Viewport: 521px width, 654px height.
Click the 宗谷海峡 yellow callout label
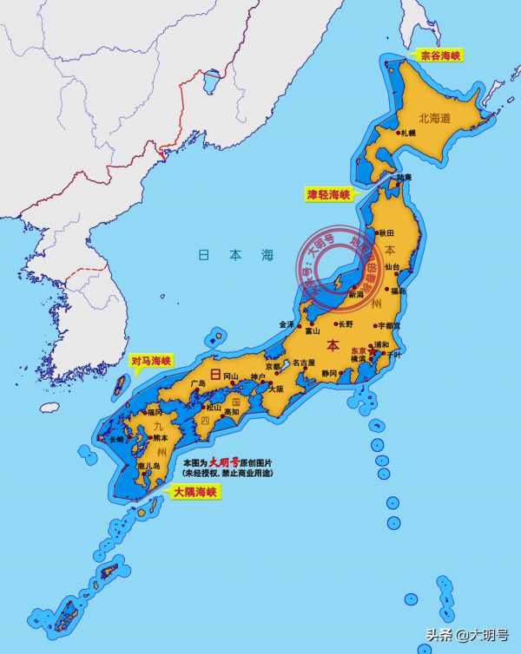coord(440,56)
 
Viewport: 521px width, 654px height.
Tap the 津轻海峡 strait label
coord(328,194)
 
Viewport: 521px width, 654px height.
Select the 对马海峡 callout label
coord(152,360)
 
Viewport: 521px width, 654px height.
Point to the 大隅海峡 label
coord(195,492)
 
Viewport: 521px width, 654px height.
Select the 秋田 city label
coord(386,233)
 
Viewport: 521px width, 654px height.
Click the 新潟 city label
coord(355,295)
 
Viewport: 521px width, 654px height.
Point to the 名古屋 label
coord(303,363)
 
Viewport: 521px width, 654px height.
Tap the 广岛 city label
coord(198,383)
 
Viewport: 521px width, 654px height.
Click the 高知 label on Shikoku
coord(230,412)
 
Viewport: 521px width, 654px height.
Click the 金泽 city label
coord(287,324)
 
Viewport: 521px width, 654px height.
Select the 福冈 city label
coord(155,412)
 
